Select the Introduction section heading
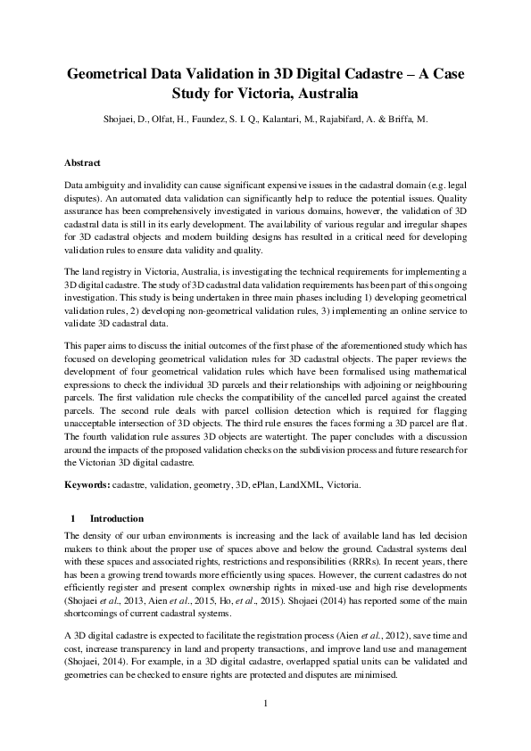(x=116, y=517)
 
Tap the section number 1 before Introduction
(x=71, y=517)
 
